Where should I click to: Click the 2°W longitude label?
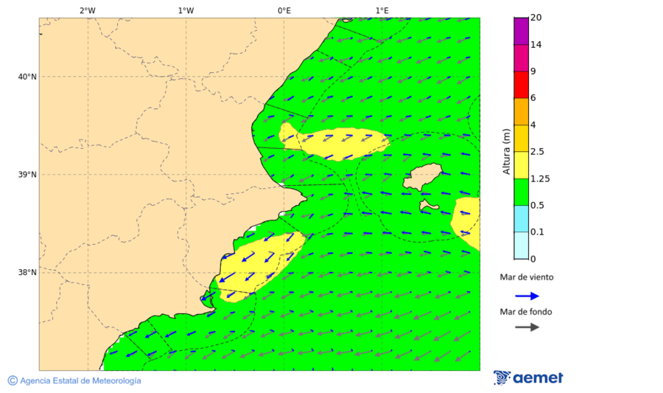tap(87, 10)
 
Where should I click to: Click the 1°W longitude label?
tap(186, 10)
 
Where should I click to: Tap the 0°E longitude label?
tap(284, 10)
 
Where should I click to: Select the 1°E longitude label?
tap(382, 10)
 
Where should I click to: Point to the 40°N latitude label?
tap(27, 77)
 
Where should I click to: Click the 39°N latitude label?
tap(27, 175)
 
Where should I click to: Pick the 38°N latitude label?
tap(27, 272)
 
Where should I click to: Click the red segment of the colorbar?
tap(521, 84)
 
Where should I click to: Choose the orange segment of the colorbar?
tap(521, 111)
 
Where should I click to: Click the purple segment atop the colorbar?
tap(521, 30)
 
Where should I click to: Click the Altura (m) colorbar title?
tap(506, 151)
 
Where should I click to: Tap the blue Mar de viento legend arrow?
tap(527, 296)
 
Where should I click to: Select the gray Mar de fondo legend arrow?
tap(527, 327)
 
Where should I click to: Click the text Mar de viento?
tap(526, 277)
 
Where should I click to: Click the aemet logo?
tap(528, 378)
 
